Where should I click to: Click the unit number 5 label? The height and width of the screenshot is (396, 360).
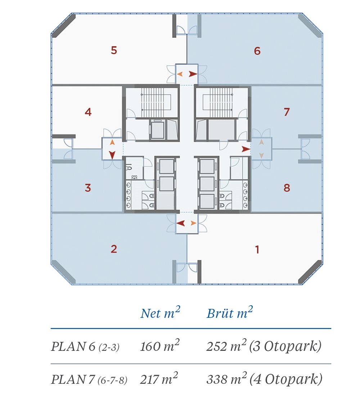[x=114, y=50]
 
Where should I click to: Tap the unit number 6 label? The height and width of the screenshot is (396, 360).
[x=257, y=51]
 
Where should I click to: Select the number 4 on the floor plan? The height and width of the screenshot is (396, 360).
[x=88, y=112]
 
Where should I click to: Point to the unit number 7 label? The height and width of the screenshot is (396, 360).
[x=287, y=112]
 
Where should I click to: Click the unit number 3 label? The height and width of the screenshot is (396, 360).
[x=88, y=188]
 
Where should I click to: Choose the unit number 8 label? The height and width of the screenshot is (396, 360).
[x=287, y=188]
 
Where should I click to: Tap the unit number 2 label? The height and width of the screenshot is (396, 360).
[x=114, y=249]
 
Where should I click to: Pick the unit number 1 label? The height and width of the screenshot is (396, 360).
[x=257, y=249]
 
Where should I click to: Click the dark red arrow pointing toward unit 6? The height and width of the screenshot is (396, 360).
[x=193, y=74]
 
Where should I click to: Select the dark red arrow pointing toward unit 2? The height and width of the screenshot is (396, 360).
[x=181, y=223]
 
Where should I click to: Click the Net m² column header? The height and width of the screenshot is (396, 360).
[x=160, y=312]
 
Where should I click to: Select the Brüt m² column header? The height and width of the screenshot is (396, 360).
[x=230, y=312]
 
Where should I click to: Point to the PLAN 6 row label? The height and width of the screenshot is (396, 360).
[x=85, y=346]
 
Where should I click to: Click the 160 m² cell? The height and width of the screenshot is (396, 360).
[x=160, y=346]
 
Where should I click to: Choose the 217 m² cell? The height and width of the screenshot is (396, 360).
[x=159, y=379]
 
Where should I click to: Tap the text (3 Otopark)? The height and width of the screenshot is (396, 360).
[x=285, y=346]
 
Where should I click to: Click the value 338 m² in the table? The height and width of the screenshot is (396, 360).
[x=226, y=379]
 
